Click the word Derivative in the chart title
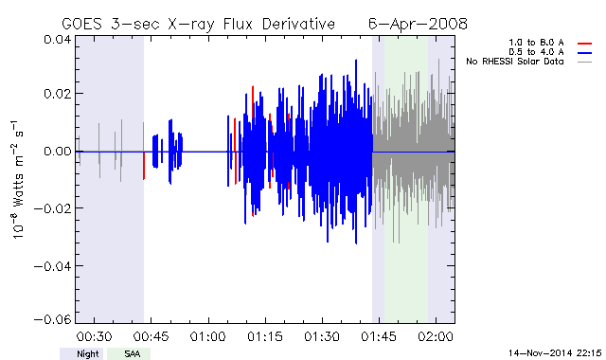298,24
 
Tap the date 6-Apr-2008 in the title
418,24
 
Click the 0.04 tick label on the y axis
57,40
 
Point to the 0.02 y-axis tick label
57,94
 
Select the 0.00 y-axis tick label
57,152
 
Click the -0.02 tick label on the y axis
53,208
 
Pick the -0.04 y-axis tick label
53,266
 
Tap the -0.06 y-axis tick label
53,320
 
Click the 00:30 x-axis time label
94,336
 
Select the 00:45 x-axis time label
151,336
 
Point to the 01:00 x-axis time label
207,336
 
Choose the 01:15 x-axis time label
265,336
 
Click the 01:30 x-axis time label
322,336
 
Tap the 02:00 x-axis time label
436,336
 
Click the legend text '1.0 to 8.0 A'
536,43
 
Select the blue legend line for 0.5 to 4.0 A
585,53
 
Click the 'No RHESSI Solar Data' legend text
515,62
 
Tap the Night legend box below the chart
81,353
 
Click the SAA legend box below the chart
129,353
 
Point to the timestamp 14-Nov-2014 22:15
555,352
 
